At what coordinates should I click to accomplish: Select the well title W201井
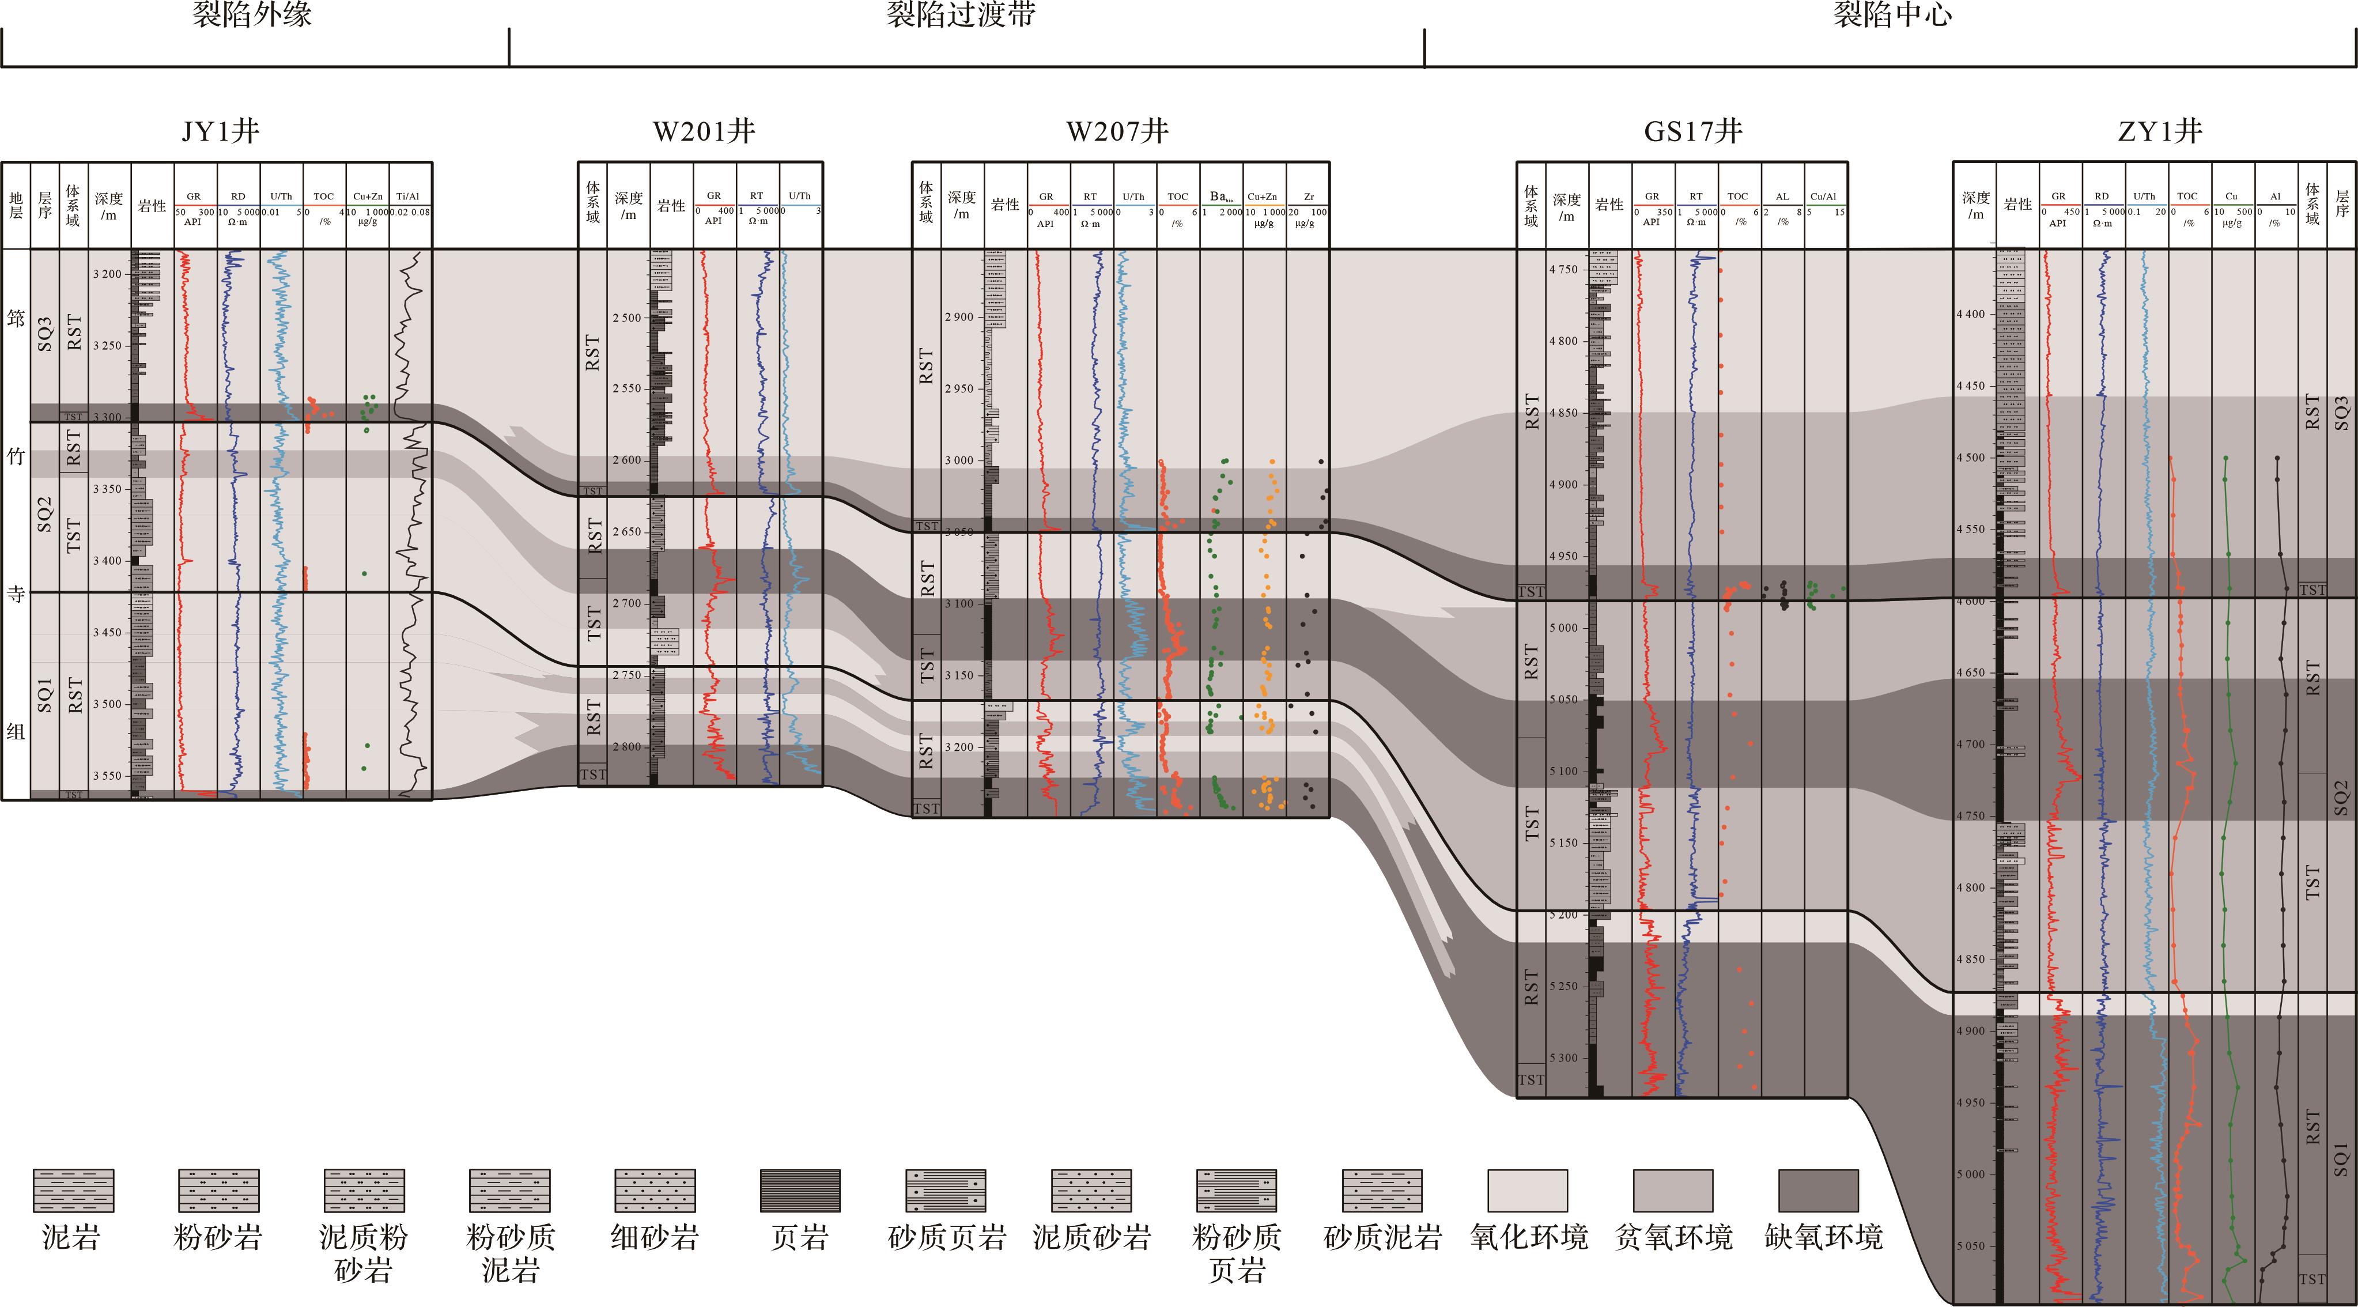click(704, 132)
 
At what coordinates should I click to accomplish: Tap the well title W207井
click(1118, 132)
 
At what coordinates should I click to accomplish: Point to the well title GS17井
click(1692, 132)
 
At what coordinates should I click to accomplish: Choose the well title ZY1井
click(2159, 132)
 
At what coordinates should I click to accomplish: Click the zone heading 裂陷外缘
click(252, 14)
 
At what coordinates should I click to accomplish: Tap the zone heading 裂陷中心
click(1891, 14)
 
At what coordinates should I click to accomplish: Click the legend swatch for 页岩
click(800, 1190)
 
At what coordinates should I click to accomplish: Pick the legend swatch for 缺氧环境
click(1818, 1190)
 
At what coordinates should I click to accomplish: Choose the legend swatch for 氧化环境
click(1527, 1190)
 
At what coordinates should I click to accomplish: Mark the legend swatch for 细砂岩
click(655, 1190)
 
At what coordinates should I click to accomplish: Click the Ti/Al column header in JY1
click(408, 197)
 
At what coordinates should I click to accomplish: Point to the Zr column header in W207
click(1308, 197)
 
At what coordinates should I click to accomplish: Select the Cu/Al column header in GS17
click(1823, 197)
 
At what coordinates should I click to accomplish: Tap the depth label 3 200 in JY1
click(107, 274)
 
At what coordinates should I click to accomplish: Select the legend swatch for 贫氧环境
click(1672, 1190)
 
